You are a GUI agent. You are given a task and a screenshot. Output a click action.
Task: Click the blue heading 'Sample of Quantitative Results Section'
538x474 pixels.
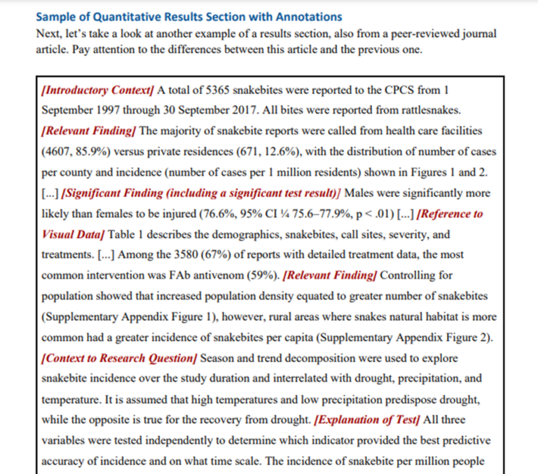[188, 17]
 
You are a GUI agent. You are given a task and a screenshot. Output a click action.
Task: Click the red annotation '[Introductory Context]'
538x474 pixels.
[99, 90]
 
